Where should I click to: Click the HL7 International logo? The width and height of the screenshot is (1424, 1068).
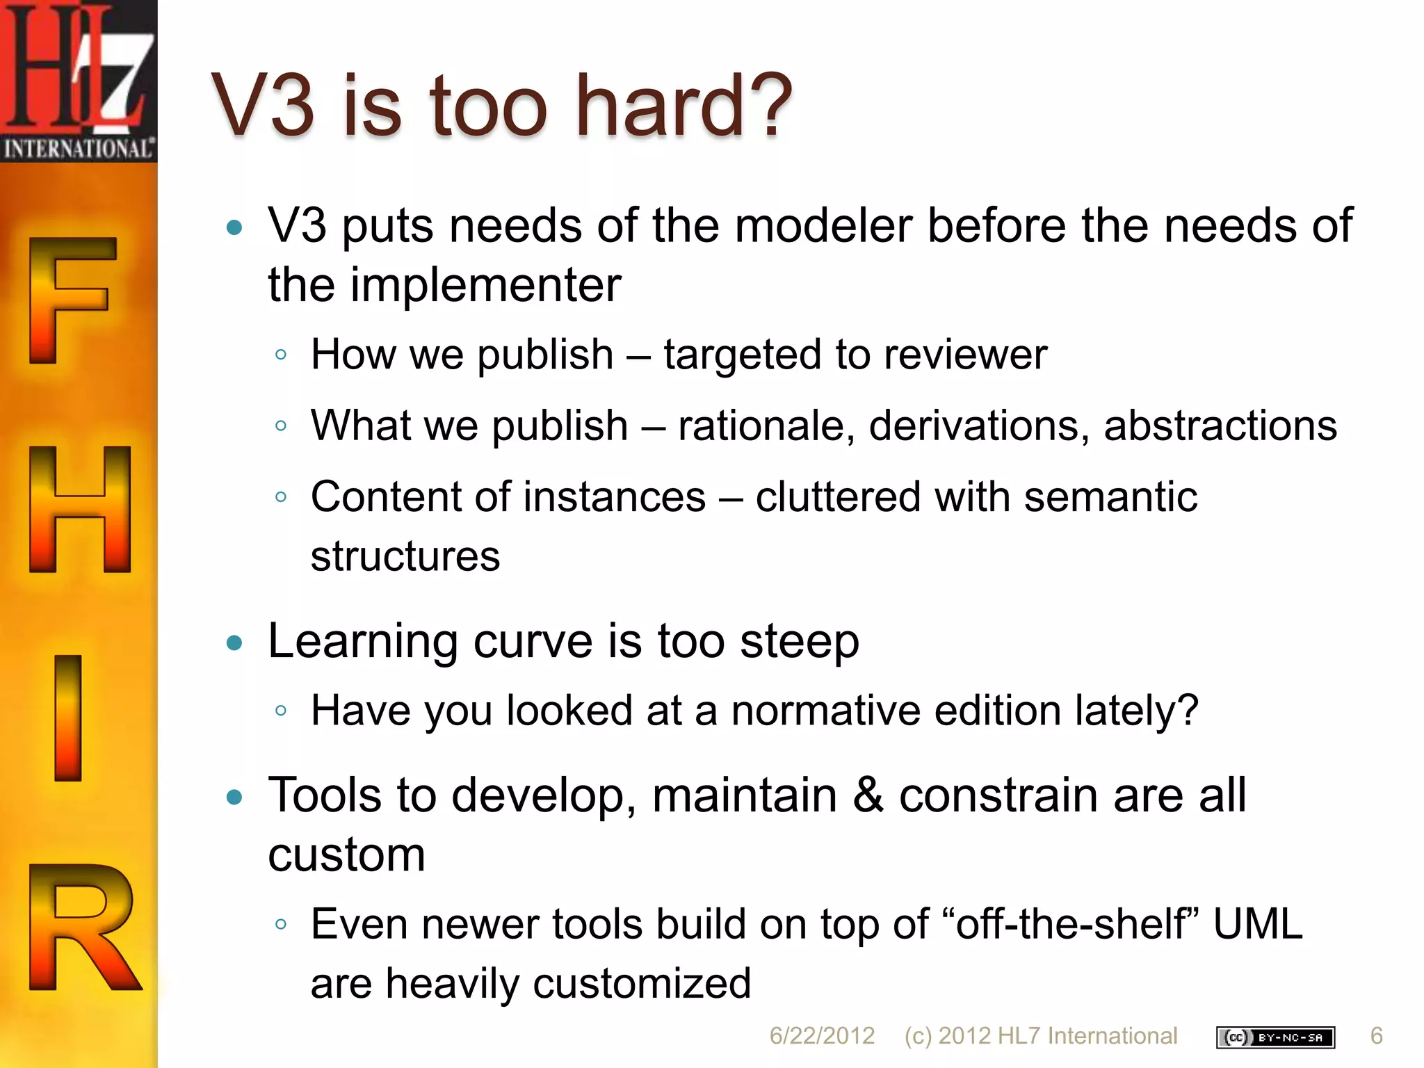[x=78, y=81]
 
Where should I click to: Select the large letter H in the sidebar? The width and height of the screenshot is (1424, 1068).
[x=79, y=509]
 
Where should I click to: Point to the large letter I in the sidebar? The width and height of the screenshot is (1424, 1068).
[x=68, y=718]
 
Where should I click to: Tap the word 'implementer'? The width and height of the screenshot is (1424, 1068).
[x=485, y=285]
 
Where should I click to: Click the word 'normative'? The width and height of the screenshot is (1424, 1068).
[x=825, y=711]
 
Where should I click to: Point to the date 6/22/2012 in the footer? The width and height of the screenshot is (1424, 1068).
[x=822, y=1036]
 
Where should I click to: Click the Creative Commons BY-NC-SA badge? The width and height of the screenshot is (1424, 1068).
[x=1275, y=1037]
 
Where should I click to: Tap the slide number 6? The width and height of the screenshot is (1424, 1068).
[x=1376, y=1036]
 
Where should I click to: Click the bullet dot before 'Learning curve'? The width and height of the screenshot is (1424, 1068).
[x=235, y=643]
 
